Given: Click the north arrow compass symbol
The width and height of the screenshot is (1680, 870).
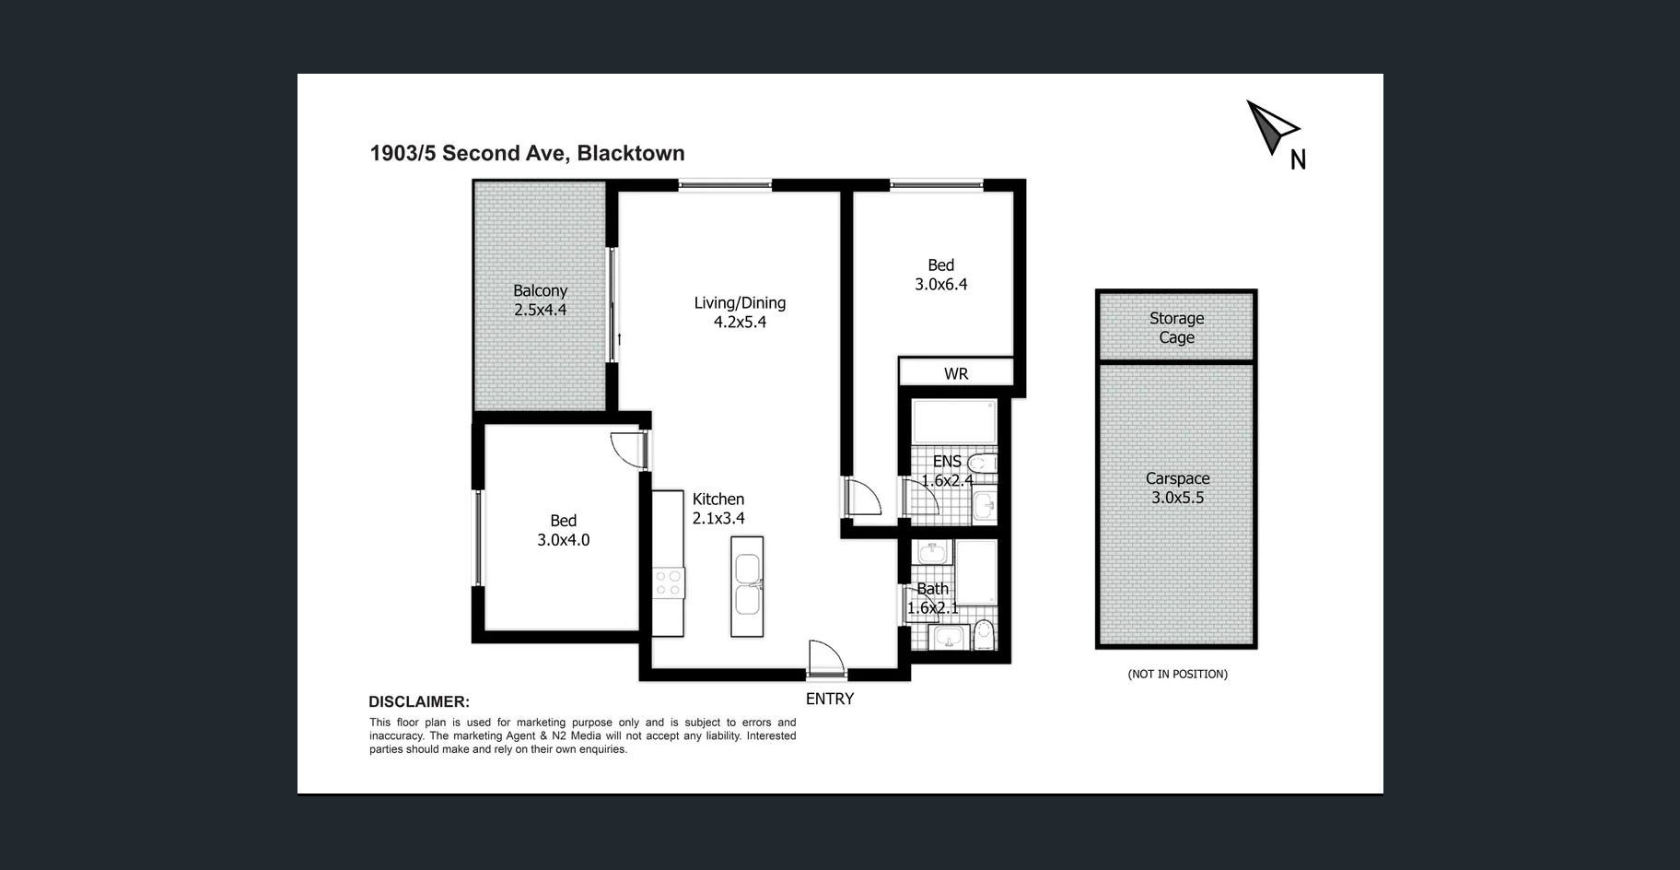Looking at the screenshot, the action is [x=1270, y=127].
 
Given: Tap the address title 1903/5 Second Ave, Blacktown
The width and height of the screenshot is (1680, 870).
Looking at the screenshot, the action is [x=527, y=153].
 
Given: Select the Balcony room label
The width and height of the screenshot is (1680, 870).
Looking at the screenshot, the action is [x=540, y=290].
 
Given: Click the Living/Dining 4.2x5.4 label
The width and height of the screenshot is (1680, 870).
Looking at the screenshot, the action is [x=740, y=312].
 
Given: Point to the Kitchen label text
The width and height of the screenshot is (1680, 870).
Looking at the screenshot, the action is [x=718, y=499].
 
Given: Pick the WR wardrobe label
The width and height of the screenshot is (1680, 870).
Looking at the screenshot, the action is [x=956, y=373].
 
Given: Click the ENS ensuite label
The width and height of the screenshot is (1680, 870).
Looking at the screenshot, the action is [x=947, y=461].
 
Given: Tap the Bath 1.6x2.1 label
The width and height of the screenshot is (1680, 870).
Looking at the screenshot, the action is [x=933, y=598].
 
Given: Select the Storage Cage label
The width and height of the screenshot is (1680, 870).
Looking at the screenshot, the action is [x=1176, y=328].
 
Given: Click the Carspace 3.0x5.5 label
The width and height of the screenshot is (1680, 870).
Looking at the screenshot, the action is [x=1177, y=488].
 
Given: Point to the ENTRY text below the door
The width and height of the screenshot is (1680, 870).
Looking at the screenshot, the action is [x=830, y=699].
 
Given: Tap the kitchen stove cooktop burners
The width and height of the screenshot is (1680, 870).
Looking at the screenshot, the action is [x=669, y=582].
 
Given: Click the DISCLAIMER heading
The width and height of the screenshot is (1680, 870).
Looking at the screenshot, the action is [x=419, y=702].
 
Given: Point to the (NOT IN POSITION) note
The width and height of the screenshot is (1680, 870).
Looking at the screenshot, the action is [x=1177, y=674].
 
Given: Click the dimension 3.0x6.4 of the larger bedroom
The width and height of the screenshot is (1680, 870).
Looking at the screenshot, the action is [x=941, y=285].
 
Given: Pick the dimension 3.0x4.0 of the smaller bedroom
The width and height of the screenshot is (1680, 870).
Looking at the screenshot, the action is [x=564, y=540].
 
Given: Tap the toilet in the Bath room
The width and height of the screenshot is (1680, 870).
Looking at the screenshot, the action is [x=984, y=635].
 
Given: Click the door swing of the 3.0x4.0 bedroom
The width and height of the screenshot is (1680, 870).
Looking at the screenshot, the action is [x=627, y=451].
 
